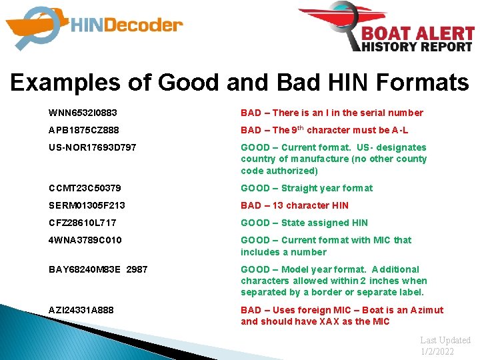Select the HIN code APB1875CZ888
[x=84, y=130]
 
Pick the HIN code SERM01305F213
[x=87, y=205]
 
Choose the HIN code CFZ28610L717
[x=83, y=223]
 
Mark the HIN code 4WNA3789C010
[x=85, y=240]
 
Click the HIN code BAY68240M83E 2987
[x=98, y=269]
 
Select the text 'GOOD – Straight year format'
[x=307, y=188]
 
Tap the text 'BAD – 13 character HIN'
[x=294, y=205]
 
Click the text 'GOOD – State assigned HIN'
[x=304, y=223]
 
